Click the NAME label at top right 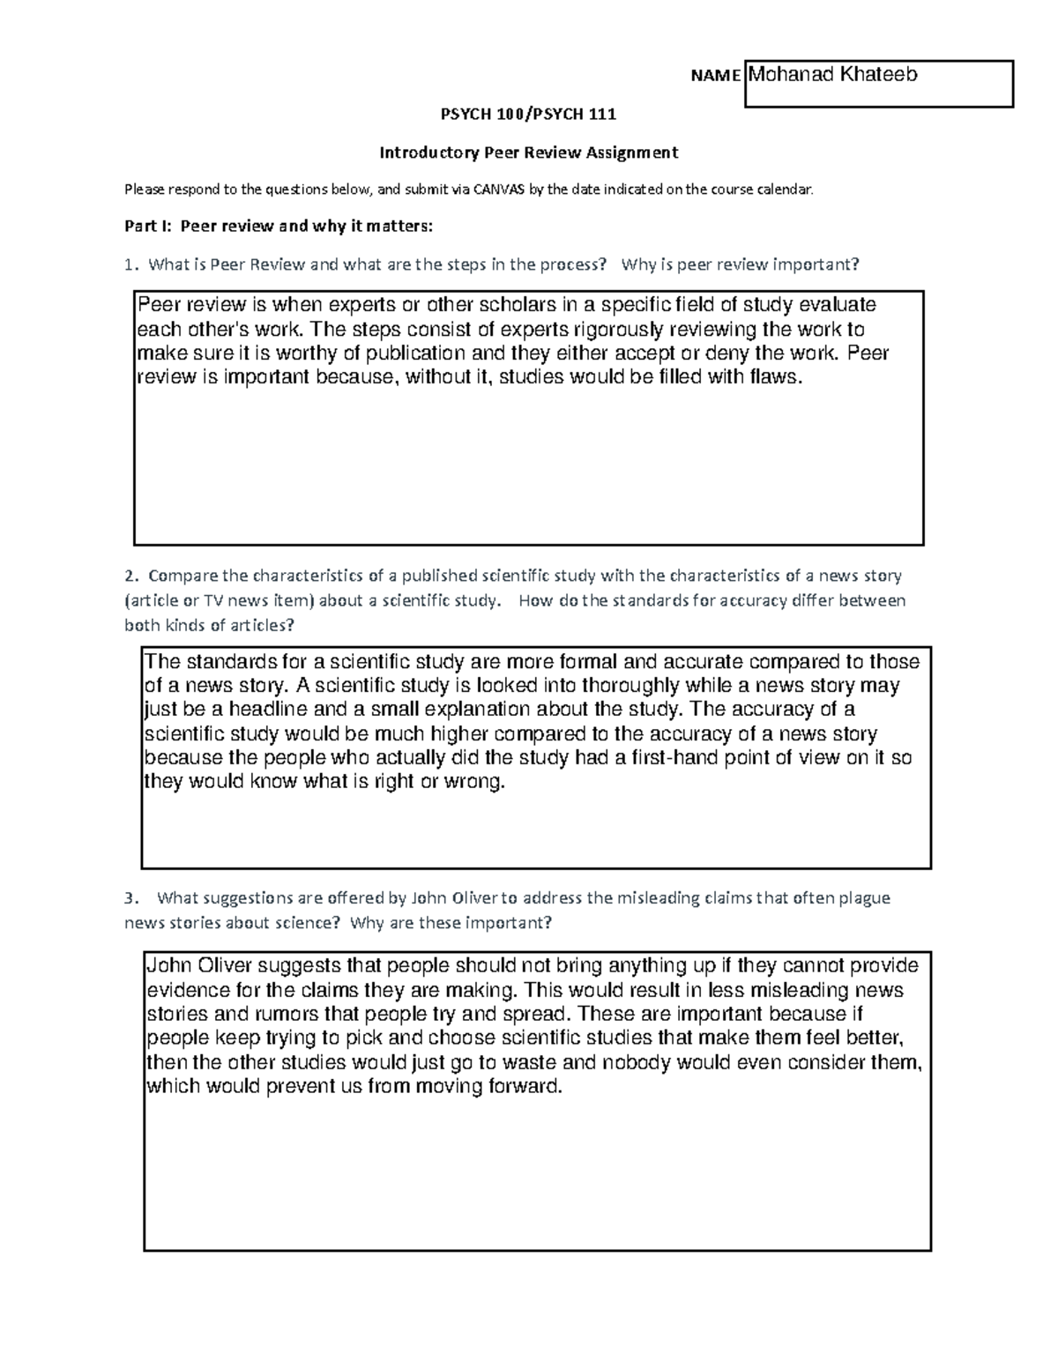[x=715, y=76]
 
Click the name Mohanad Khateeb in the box [x=832, y=75]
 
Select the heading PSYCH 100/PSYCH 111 [x=528, y=114]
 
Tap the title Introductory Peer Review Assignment [x=528, y=153]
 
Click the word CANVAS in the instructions [x=498, y=189]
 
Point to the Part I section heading [x=279, y=226]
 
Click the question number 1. [x=130, y=264]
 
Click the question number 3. [x=130, y=898]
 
